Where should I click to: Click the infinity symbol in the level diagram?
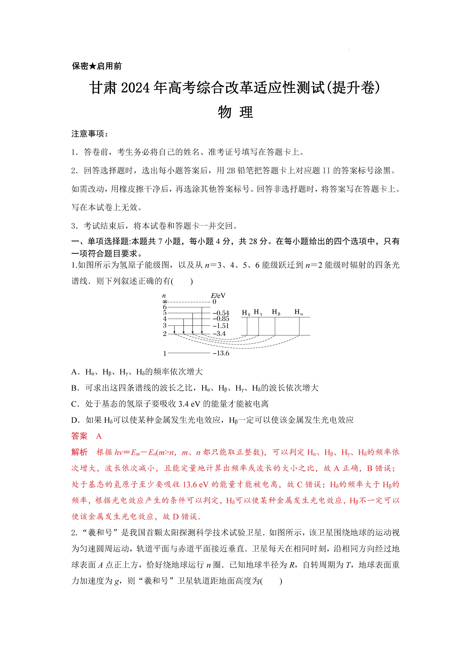pyautogui.click(x=165, y=302)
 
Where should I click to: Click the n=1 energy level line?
pyautogui.click(x=189, y=353)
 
